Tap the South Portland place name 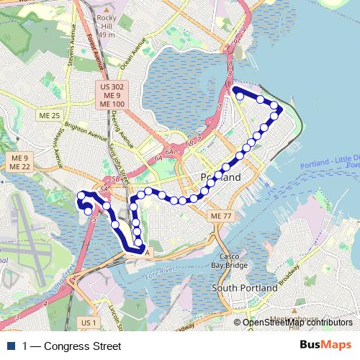coord(244,288)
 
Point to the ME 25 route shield coord(50,115)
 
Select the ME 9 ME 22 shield coord(19,162)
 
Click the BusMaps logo coord(326,346)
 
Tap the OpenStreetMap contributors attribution coord(297,323)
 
